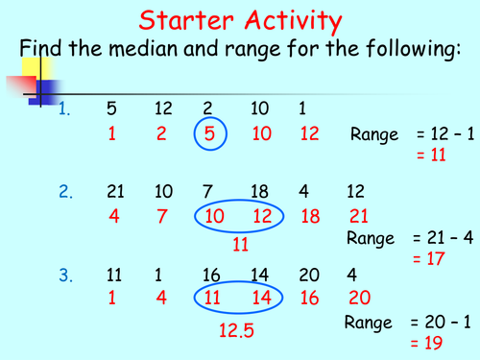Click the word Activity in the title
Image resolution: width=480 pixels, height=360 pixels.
[287, 20]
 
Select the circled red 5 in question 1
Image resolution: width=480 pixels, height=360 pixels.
[209, 134]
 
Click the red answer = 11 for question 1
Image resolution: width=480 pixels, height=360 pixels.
[431, 153]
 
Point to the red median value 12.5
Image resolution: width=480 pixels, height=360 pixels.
[236, 331]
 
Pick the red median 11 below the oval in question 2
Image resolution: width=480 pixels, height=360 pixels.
[241, 245]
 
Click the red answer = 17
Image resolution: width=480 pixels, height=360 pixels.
[431, 257]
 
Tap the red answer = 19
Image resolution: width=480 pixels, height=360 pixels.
[431, 342]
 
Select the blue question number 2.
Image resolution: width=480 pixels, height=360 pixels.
[65, 193]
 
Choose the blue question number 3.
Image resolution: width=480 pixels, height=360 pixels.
[65, 276]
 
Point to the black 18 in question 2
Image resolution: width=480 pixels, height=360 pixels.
[260, 193]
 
